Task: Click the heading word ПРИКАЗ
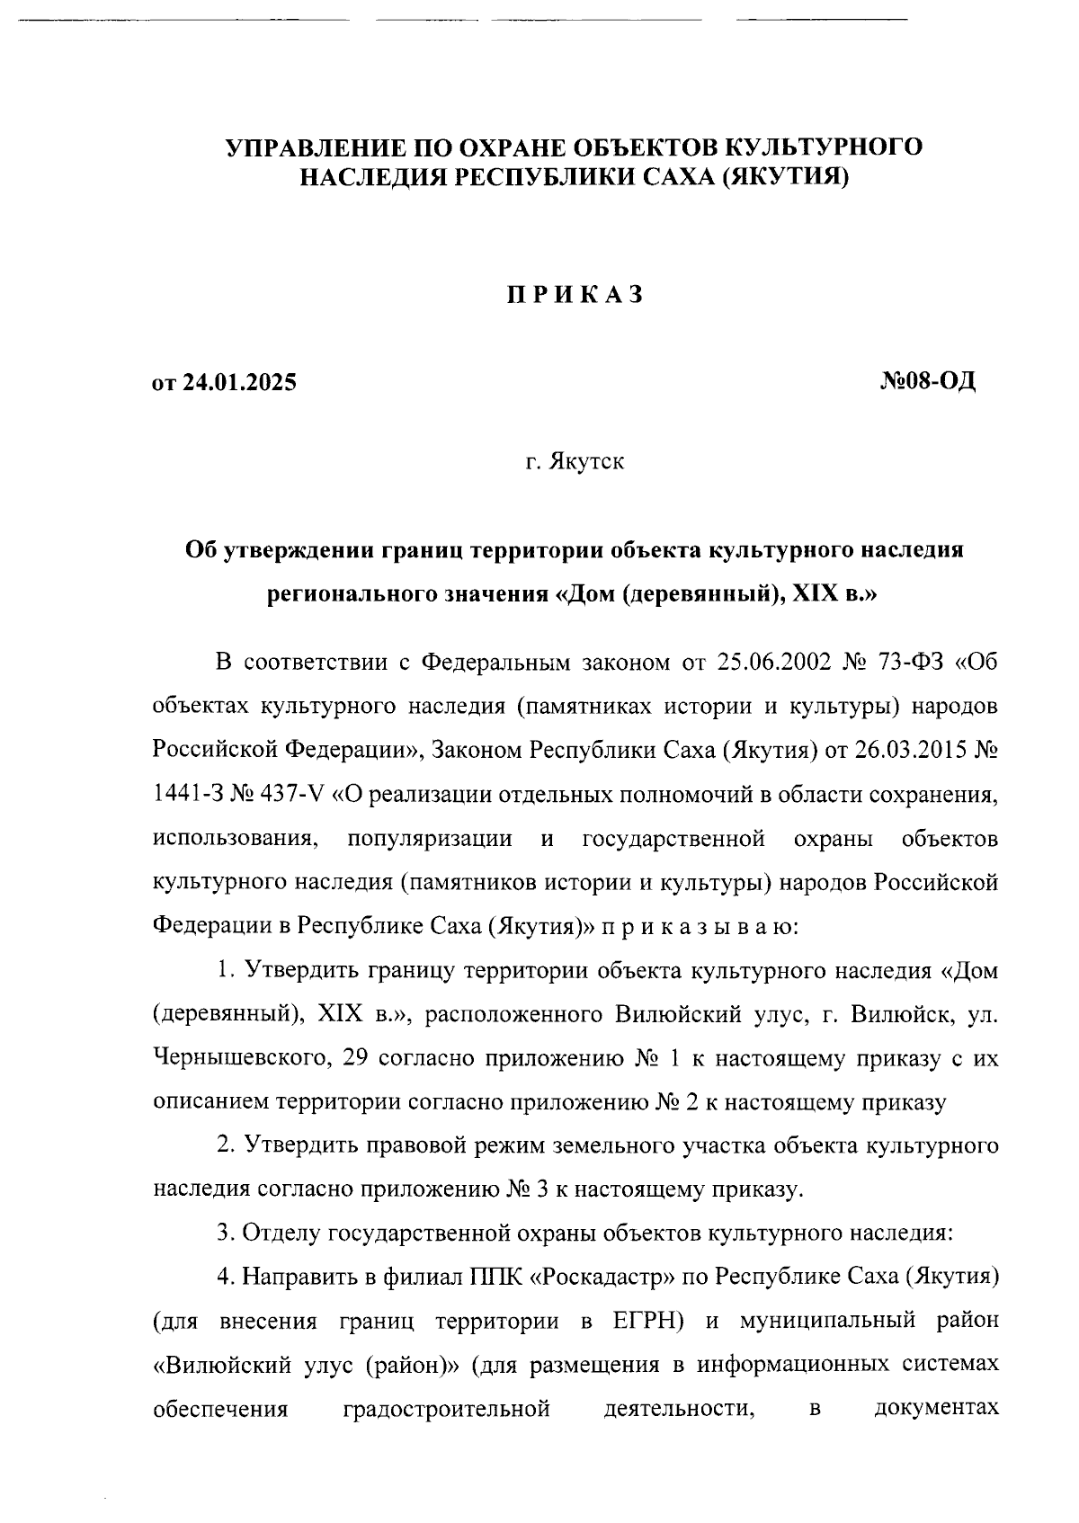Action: (x=574, y=296)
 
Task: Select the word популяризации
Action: (x=430, y=839)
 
